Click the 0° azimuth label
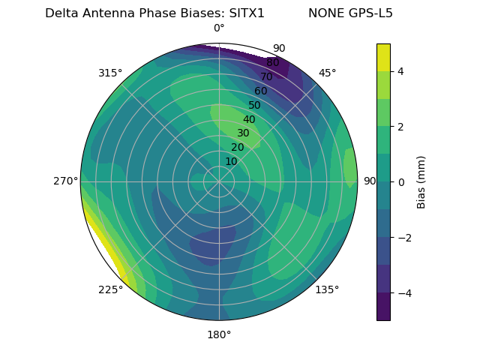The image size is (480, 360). (x=219, y=28)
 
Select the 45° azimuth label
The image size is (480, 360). (x=327, y=73)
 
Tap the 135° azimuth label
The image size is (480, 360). (x=327, y=289)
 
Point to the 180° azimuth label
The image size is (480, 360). (x=219, y=334)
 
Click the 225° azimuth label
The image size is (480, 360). (x=110, y=289)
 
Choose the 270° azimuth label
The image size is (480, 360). (x=66, y=181)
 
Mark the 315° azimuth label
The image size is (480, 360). (x=110, y=73)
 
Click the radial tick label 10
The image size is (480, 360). (x=231, y=161)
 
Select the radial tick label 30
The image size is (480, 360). (x=243, y=133)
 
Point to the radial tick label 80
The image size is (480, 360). (x=272, y=62)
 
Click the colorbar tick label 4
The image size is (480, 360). (x=401, y=71)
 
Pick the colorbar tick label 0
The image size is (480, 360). (x=401, y=182)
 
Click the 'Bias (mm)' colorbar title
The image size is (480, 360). (x=421, y=182)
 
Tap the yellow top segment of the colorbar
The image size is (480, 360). (x=383, y=57)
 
